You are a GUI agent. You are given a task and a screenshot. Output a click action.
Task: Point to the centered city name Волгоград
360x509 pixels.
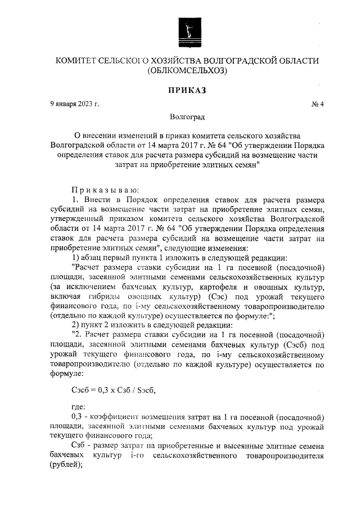(186, 117)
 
